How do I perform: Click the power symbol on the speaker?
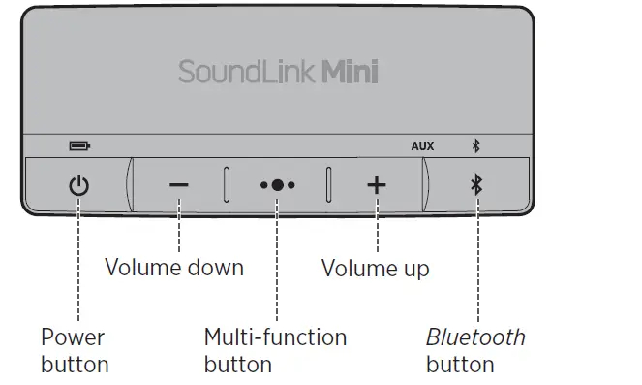click(x=78, y=185)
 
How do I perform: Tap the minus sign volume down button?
click(x=179, y=185)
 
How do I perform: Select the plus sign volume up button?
click(x=377, y=185)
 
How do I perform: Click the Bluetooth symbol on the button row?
click(x=475, y=185)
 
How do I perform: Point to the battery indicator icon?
click(x=78, y=146)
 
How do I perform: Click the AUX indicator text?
click(x=422, y=146)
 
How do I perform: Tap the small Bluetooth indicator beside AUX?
click(x=475, y=146)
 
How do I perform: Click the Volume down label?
click(x=174, y=267)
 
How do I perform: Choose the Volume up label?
click(x=375, y=267)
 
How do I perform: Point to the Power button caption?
click(x=74, y=351)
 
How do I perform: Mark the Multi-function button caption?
click(x=275, y=351)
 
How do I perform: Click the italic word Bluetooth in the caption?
click(x=475, y=337)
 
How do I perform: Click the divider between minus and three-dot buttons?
click(x=227, y=184)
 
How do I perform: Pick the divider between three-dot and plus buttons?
click(x=328, y=184)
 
